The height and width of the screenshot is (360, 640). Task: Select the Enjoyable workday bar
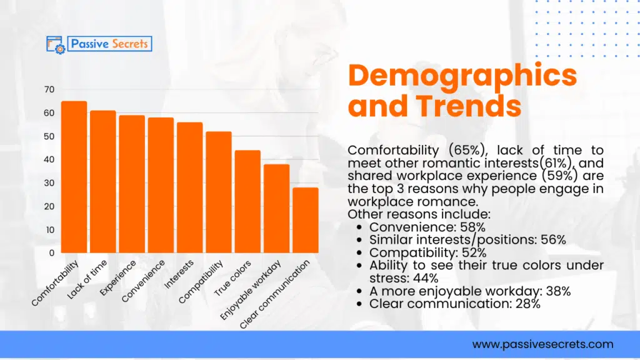(276, 208)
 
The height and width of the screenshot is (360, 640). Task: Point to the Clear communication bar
(306, 220)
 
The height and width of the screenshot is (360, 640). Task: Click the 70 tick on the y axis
(49, 89)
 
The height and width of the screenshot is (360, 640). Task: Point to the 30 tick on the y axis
(49, 182)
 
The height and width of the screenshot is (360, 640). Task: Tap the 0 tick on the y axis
(52, 252)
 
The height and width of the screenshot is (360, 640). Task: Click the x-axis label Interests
(179, 274)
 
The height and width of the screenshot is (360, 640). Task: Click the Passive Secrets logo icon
(56, 44)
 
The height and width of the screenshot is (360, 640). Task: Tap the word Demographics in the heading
(462, 76)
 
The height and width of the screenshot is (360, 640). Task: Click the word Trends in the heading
(469, 106)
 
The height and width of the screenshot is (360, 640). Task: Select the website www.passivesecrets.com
(542, 344)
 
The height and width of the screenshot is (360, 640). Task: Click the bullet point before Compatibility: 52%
(360, 253)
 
